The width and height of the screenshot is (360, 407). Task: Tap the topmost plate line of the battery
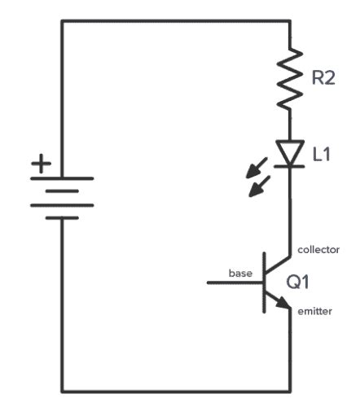[62, 178]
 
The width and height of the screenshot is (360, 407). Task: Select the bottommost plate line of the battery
[62, 217]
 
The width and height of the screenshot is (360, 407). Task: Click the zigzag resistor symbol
[289, 81]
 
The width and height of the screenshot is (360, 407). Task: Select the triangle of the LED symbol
[289, 152]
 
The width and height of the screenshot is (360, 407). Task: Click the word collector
[319, 248]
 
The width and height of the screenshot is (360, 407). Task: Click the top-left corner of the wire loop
[62, 20]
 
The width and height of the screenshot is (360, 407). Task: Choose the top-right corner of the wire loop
[289, 20]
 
